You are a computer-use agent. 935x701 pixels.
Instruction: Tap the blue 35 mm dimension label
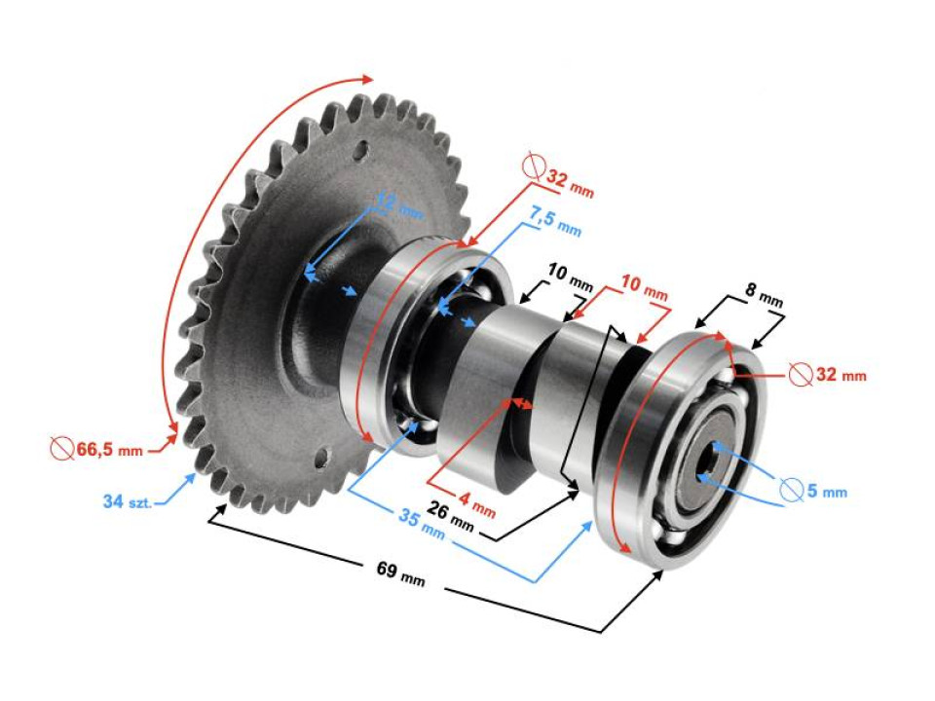tap(420, 526)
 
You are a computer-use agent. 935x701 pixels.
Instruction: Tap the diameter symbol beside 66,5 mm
tap(61, 449)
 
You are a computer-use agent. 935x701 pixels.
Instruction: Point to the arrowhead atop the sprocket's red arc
tap(367, 78)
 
